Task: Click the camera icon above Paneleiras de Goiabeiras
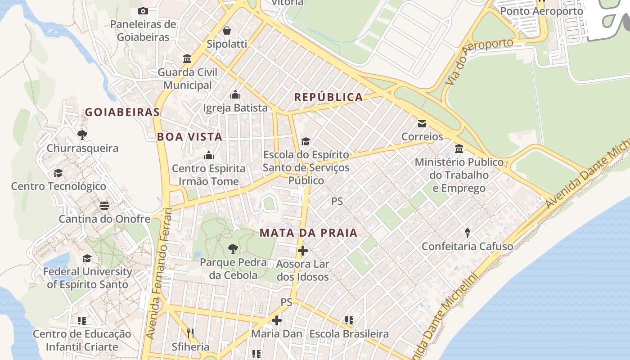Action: (143, 11)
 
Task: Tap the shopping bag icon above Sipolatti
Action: (227, 31)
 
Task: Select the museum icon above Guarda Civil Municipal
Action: (187, 59)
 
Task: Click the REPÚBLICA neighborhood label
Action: (328, 97)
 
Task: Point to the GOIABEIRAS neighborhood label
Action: (122, 112)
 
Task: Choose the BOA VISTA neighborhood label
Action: (189, 137)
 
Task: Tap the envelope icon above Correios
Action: (422, 123)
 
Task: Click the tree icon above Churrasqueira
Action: (82, 135)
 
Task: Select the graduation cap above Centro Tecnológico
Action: (58, 173)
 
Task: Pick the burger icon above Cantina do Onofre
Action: (104, 206)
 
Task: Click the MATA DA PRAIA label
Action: (309, 233)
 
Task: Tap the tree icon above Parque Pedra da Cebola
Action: (233, 248)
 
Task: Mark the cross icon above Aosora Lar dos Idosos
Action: (303, 250)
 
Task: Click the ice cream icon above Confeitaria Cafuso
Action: (468, 233)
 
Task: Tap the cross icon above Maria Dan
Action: (277, 320)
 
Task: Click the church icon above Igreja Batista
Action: (235, 94)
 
